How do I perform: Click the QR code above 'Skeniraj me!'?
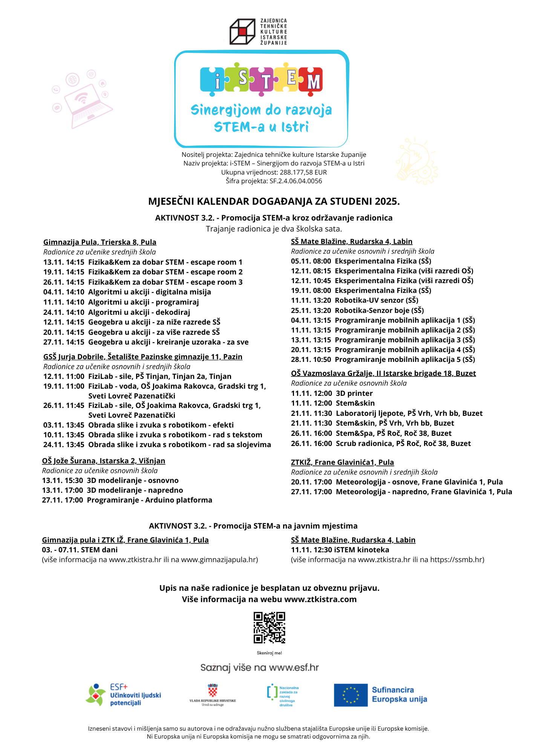[269, 628]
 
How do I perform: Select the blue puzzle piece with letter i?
[213, 79]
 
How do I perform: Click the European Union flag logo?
[351, 695]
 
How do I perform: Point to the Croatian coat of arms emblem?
[213, 691]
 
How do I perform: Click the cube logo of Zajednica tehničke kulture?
[242, 32]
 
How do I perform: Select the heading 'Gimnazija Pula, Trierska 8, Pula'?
[100, 242]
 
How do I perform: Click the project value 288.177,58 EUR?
[303, 172]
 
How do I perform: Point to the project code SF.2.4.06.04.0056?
[296, 181]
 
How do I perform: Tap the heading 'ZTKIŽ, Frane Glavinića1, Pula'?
[342, 462]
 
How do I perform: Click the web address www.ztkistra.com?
[320, 599]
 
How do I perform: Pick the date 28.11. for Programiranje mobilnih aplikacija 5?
[300, 359]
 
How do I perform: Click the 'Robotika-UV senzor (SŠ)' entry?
[377, 300]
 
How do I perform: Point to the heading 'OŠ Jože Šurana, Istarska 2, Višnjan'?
[104, 461]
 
